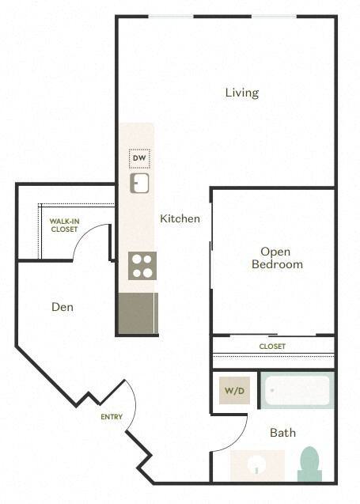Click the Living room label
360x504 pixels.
point(241,93)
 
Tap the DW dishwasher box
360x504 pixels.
point(140,158)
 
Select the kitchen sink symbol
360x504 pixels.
point(140,184)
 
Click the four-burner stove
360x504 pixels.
point(142,265)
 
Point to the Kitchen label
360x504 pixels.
point(180,218)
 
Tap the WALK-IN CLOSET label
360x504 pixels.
point(64,225)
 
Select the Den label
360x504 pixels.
point(63,306)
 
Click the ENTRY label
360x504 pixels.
point(111,417)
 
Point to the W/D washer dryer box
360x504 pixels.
point(233,390)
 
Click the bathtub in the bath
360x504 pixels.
point(297,390)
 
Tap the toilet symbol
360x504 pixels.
point(309,464)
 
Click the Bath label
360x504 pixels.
point(282,433)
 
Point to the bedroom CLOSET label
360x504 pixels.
point(272,347)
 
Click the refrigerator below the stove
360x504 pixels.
point(137,313)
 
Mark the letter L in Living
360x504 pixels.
point(228,93)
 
